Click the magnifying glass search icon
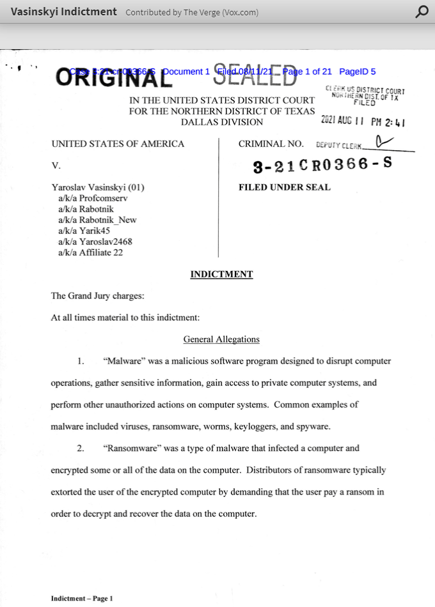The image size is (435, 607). click(422, 12)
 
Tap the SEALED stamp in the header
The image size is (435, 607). click(255, 75)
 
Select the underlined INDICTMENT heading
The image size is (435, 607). click(221, 274)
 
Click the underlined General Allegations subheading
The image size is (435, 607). click(221, 339)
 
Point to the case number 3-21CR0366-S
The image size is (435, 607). click(322, 165)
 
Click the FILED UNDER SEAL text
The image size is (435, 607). click(285, 187)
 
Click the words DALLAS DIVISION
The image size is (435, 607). click(221, 122)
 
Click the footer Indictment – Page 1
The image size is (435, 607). click(82, 599)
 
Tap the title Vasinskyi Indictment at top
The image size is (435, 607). click(64, 12)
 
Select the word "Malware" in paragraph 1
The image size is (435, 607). click(123, 361)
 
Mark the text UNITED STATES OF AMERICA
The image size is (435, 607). click(118, 144)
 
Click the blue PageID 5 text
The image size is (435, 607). click(358, 72)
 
